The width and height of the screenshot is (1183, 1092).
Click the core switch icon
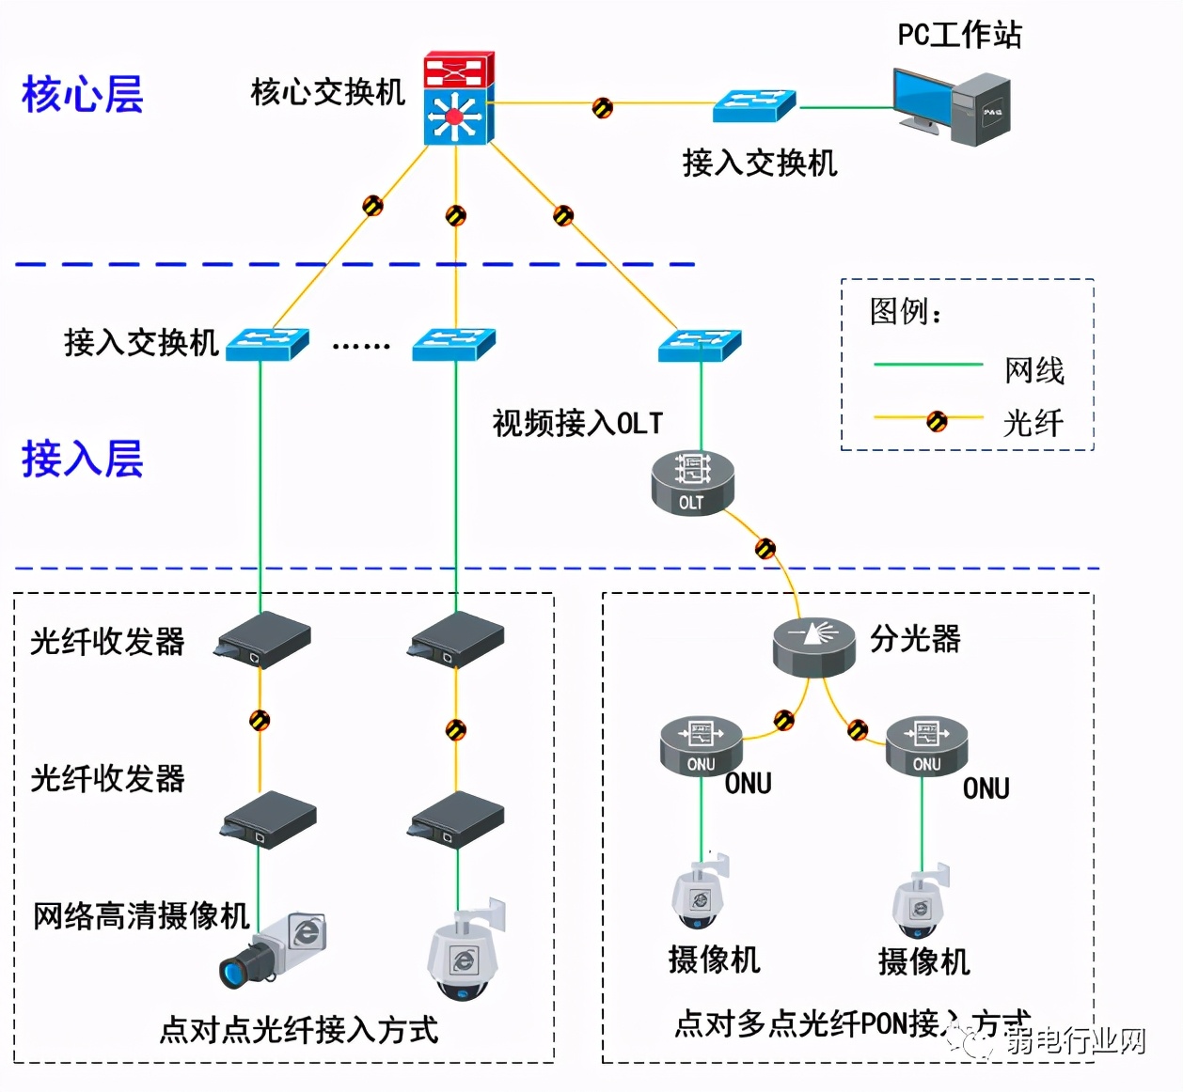[458, 99]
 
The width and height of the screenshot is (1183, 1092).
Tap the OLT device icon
[692, 482]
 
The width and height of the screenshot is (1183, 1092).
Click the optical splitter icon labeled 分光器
[814, 647]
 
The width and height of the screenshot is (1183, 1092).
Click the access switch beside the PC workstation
[754, 106]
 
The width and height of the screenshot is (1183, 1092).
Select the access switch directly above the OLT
[700, 345]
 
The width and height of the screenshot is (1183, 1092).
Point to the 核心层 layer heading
[83, 95]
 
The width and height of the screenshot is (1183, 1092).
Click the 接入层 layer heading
[83, 460]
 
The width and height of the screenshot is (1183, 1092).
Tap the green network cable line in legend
[927, 365]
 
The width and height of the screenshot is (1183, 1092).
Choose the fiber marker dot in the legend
[937, 421]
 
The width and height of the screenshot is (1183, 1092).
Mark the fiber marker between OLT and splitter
[765, 548]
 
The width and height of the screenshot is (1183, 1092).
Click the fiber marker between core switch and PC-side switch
[602, 107]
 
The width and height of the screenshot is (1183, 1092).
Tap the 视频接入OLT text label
[577, 424]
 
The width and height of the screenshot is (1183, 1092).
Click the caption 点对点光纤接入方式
[299, 1030]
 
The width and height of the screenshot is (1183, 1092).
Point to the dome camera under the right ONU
[920, 905]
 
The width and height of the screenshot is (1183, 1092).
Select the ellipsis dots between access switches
[361, 346]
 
